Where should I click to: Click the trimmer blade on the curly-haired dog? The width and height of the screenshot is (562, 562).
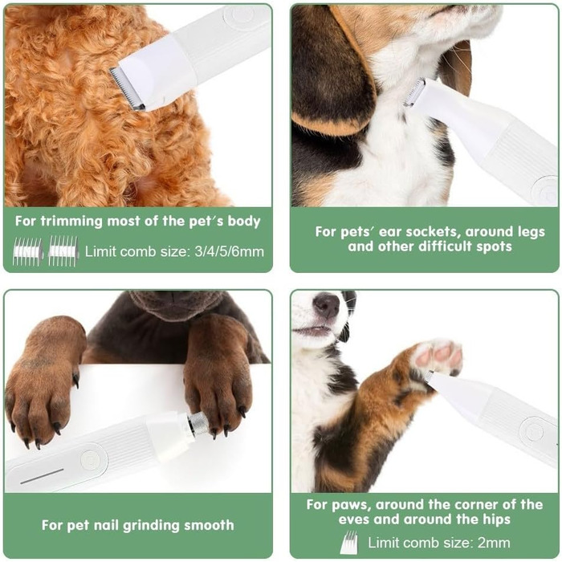[127, 88]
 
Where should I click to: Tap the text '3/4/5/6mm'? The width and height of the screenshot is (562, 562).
[230, 251]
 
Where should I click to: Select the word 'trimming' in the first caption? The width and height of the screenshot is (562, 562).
[71, 221]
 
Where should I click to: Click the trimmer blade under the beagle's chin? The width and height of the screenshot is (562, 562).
[414, 93]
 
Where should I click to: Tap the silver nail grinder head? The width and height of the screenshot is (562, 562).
[198, 425]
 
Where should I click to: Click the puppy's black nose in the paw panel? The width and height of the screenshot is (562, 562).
[326, 305]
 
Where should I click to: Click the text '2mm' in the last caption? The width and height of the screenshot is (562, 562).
[494, 543]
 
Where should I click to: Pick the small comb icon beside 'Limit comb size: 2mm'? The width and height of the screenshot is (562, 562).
[349, 542]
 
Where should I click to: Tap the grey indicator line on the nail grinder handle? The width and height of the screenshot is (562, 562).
[42, 476]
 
